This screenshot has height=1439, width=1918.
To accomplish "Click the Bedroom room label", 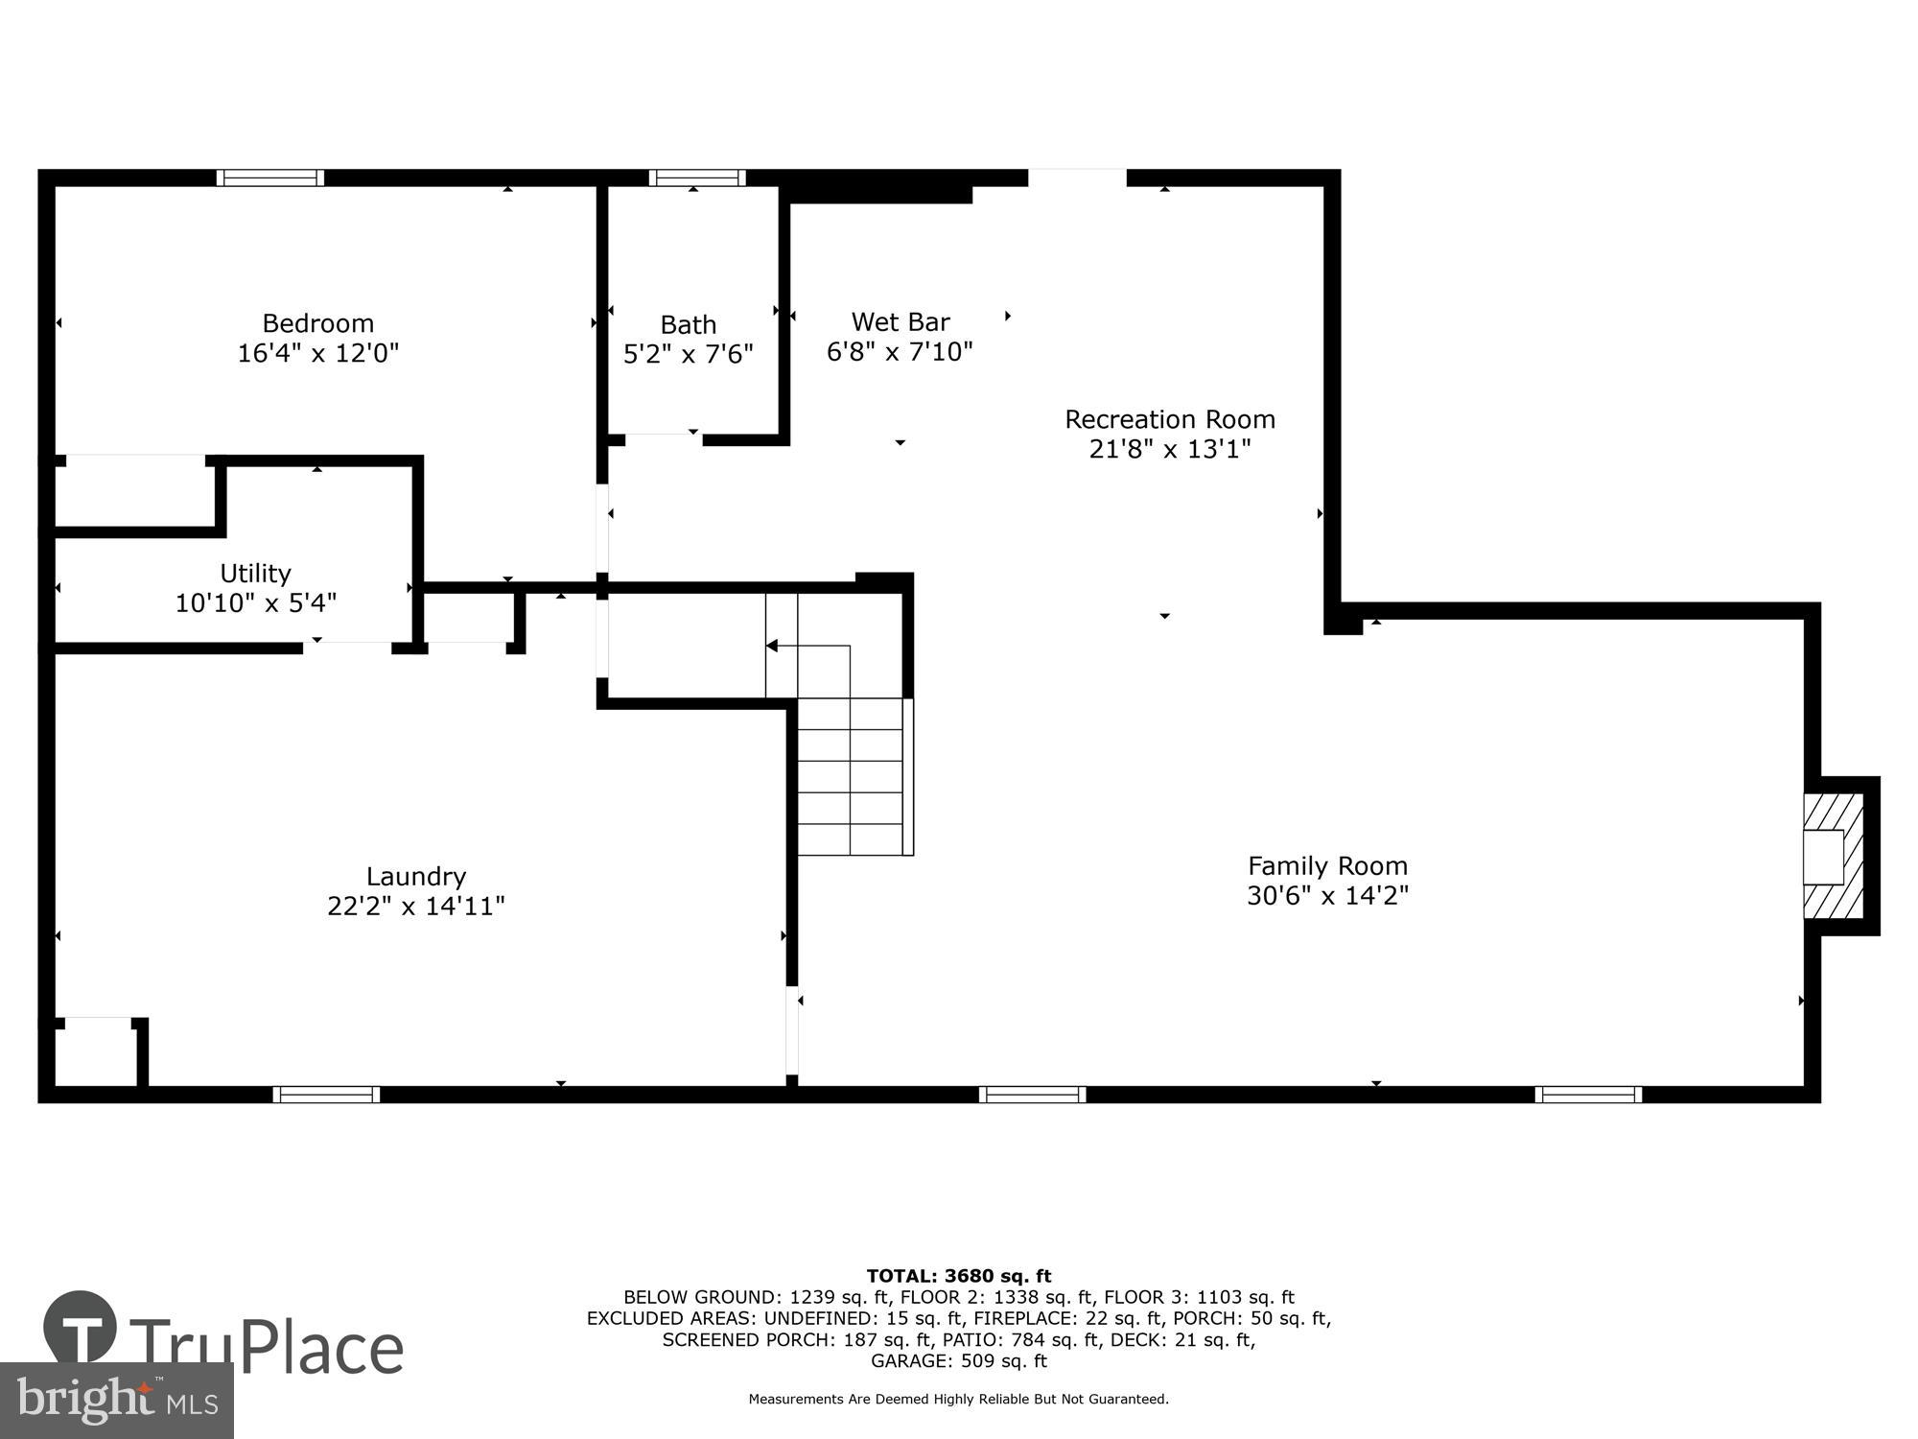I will tap(317, 323).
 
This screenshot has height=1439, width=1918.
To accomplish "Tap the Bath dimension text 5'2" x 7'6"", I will tap(688, 355).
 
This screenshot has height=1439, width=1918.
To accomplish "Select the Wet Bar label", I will tap(900, 321).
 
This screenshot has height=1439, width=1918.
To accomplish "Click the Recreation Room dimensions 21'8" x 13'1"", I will tap(1169, 449).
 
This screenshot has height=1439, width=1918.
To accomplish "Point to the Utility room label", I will tap(255, 573).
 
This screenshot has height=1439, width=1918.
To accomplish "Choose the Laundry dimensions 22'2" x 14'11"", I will tap(415, 906).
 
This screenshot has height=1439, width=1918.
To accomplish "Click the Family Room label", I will tap(1327, 865).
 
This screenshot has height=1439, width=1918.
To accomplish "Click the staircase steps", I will tap(851, 777).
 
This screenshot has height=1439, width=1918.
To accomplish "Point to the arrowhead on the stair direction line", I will tap(772, 646).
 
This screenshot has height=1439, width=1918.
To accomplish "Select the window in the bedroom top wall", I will tap(270, 177).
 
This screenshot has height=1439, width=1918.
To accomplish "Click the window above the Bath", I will tap(697, 177).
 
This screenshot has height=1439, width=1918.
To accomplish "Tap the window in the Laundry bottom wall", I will tap(326, 1095).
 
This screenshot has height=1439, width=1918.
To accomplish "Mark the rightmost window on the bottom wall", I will tap(1588, 1095).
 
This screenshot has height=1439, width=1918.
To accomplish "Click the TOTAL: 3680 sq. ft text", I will tap(958, 1276).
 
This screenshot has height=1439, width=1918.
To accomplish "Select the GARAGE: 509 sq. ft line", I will tap(958, 1360).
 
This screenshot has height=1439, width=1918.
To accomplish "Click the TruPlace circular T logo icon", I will tap(81, 1328).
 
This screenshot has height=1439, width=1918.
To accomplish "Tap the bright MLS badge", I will tap(116, 1401).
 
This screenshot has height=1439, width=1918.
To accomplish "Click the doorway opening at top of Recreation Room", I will tap(1077, 177).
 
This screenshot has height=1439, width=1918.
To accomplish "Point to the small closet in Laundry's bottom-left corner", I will tap(94, 1053).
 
